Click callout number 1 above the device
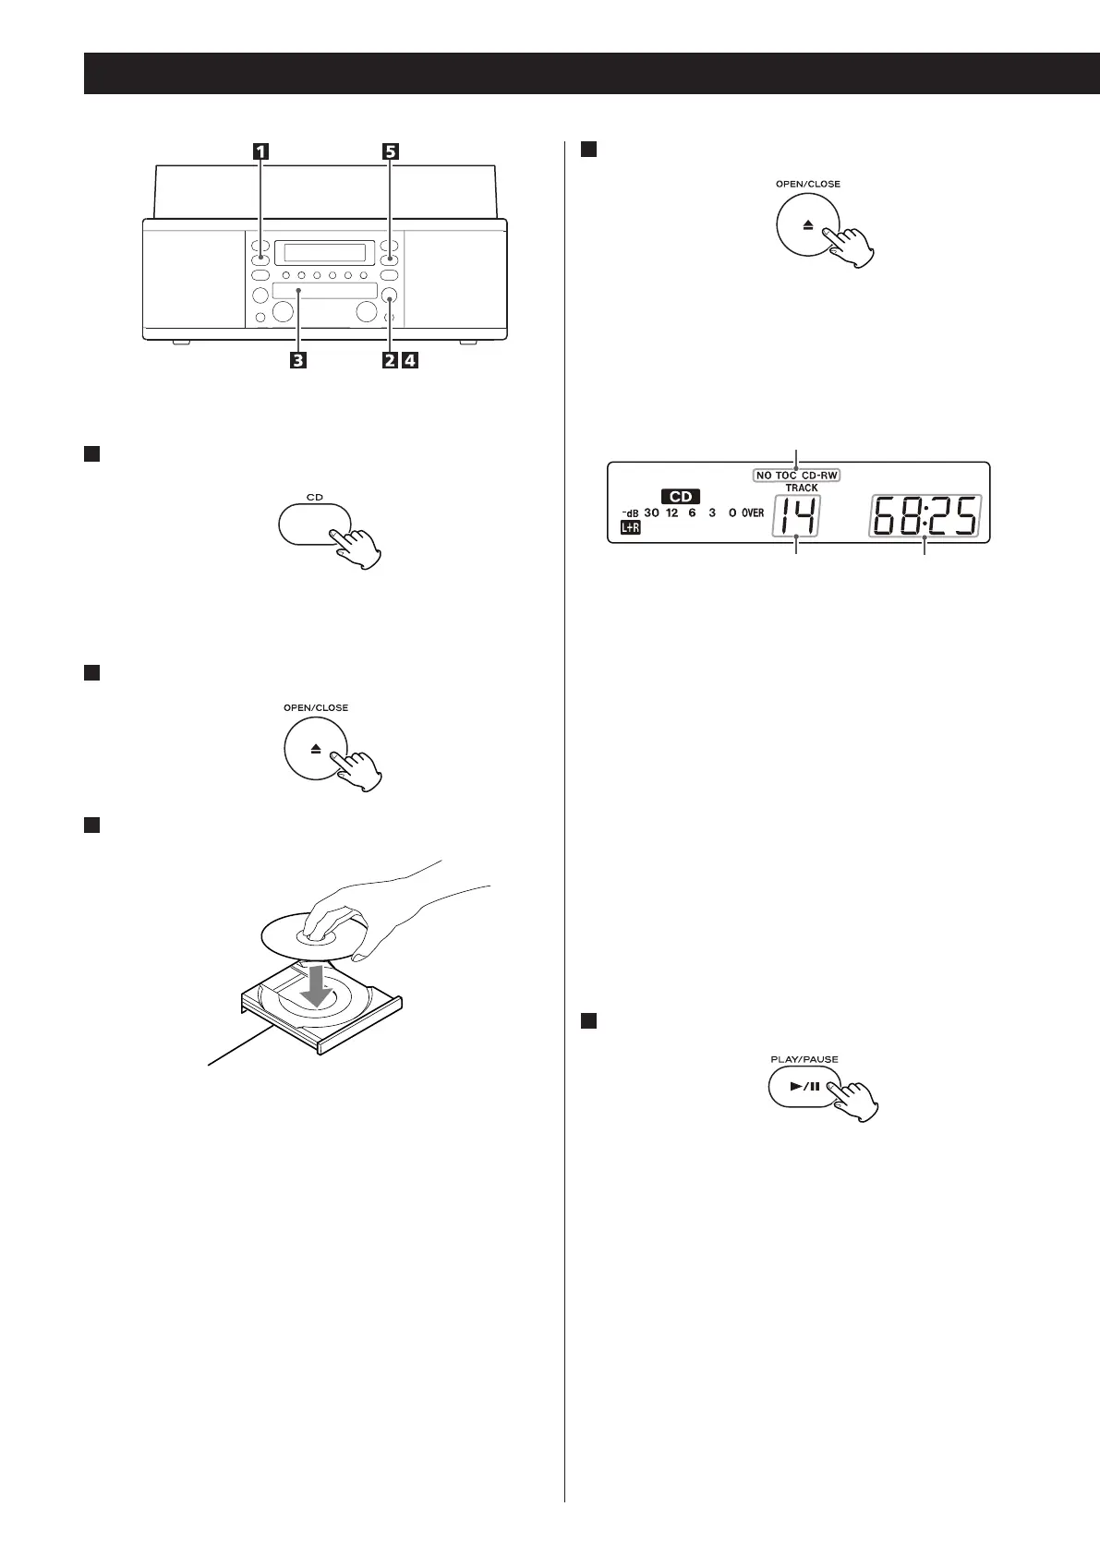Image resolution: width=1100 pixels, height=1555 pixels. click(x=262, y=152)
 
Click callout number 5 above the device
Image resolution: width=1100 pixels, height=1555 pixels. click(x=391, y=152)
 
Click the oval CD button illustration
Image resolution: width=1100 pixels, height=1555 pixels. click(x=314, y=524)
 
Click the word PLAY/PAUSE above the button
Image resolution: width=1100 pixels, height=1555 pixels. click(x=804, y=1059)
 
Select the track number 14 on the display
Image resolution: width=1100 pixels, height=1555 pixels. click(x=795, y=516)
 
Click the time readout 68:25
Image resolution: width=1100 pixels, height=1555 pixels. click(x=924, y=516)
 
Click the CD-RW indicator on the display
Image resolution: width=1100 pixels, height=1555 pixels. click(x=819, y=476)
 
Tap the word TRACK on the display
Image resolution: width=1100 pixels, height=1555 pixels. click(x=801, y=488)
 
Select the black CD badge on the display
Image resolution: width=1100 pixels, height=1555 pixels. click(x=681, y=497)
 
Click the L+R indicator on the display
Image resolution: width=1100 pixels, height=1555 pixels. click(x=630, y=528)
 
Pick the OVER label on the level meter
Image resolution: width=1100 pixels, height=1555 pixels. click(x=753, y=512)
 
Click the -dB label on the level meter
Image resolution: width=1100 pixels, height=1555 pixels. click(x=630, y=512)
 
